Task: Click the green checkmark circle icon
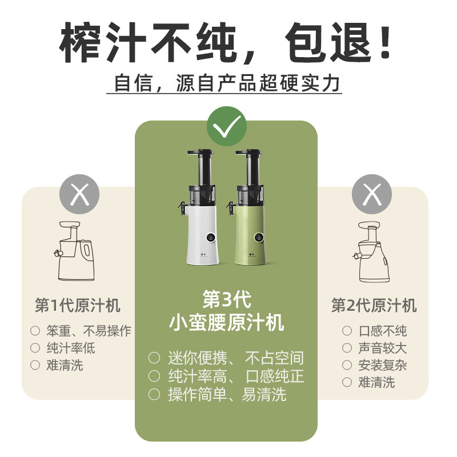click(x=227, y=126)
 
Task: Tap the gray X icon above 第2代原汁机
click(x=372, y=195)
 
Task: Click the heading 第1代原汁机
click(x=78, y=306)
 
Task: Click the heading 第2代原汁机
click(x=374, y=306)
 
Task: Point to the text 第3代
click(x=226, y=299)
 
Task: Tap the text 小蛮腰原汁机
click(x=226, y=323)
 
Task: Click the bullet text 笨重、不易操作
click(x=89, y=331)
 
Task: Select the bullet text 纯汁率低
click(x=71, y=348)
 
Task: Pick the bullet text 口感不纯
click(x=382, y=331)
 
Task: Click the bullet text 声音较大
click(x=382, y=348)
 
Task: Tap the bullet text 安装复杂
click(x=382, y=365)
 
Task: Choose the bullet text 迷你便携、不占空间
click(x=235, y=358)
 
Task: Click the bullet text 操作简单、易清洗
click(x=227, y=394)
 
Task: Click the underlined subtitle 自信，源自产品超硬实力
click(x=227, y=84)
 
